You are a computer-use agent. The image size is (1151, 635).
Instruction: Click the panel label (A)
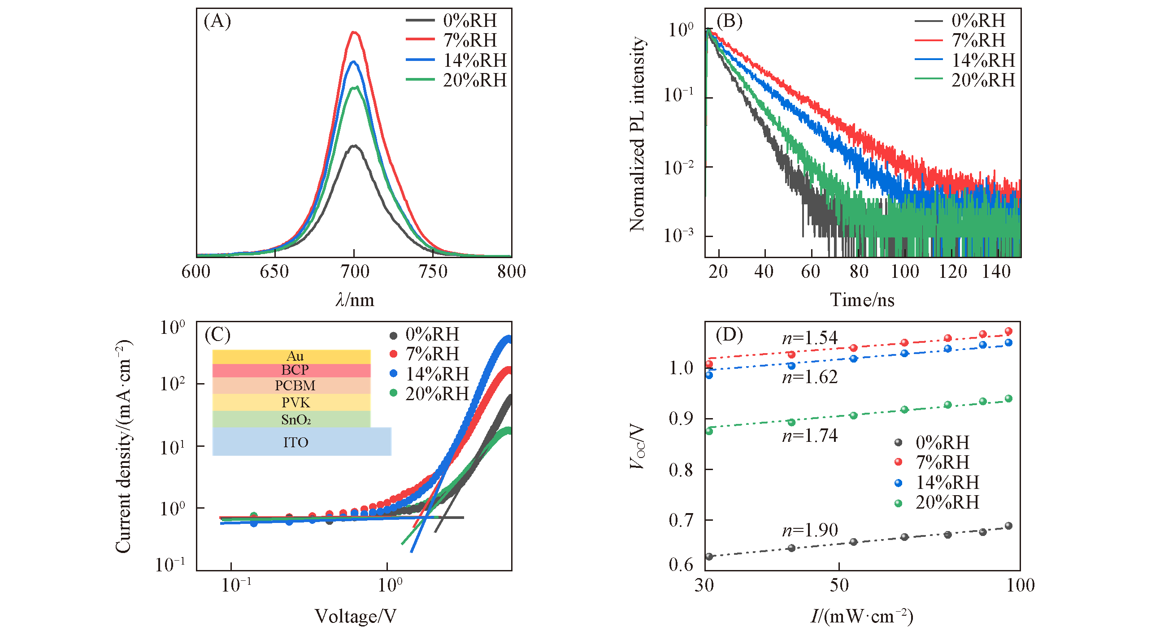click(x=217, y=22)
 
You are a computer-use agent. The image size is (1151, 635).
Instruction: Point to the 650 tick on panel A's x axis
click(x=274, y=272)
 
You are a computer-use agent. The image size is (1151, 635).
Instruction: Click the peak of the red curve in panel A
click(x=354, y=32)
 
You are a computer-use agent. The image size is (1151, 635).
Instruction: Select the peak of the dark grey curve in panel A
click(x=354, y=146)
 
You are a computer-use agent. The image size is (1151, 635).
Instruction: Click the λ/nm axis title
click(x=355, y=300)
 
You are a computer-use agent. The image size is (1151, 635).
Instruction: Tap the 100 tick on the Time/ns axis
click(x=905, y=272)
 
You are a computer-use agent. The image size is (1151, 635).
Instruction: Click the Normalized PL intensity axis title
click(x=637, y=134)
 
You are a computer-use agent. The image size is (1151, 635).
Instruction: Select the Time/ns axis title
click(x=862, y=300)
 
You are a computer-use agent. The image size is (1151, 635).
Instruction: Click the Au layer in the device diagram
click(x=295, y=356)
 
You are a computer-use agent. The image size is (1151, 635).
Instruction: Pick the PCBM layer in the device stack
click(x=295, y=385)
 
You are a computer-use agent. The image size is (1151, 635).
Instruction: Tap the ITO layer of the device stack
click(x=296, y=442)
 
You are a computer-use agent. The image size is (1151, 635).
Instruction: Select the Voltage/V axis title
click(x=355, y=617)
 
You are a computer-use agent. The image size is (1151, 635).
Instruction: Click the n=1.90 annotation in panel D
click(x=810, y=531)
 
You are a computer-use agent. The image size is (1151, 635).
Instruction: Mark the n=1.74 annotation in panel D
click(x=810, y=436)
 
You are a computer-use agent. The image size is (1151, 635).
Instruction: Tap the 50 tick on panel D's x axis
click(x=838, y=585)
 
